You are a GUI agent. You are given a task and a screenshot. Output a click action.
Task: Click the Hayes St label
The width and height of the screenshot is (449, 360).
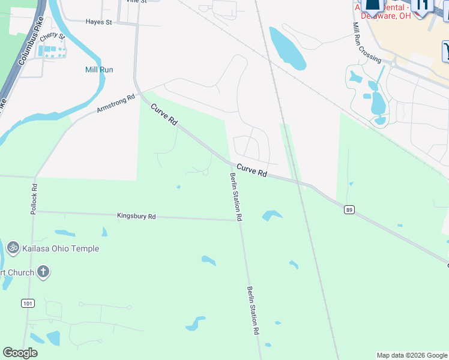tap(99, 22)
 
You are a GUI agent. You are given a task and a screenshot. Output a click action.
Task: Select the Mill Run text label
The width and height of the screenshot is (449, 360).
tap(99, 70)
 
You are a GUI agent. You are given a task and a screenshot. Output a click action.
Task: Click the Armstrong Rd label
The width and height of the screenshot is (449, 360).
tap(116, 103)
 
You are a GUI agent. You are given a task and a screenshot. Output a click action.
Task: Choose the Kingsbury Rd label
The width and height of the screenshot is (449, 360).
tap(136, 216)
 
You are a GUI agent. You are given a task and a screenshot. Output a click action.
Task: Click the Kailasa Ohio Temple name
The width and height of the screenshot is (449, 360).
tap(61, 248)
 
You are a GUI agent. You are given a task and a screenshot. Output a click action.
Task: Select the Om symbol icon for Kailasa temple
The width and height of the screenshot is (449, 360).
tap(13, 247)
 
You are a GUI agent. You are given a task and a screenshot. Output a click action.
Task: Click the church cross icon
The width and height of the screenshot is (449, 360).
tap(43, 272)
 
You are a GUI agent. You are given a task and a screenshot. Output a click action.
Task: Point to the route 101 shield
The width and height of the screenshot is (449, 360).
tap(28, 304)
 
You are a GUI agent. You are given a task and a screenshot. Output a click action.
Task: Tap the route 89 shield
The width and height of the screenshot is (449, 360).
tap(349, 209)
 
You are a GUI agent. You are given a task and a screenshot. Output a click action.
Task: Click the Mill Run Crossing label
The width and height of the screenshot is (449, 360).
tap(366, 43)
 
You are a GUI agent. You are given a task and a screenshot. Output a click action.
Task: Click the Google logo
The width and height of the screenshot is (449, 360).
tap(20, 353)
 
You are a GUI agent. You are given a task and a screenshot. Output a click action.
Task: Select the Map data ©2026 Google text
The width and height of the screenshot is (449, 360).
tap(412, 355)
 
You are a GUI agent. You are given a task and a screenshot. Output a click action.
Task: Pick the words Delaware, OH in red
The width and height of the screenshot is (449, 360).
tap(391, 16)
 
